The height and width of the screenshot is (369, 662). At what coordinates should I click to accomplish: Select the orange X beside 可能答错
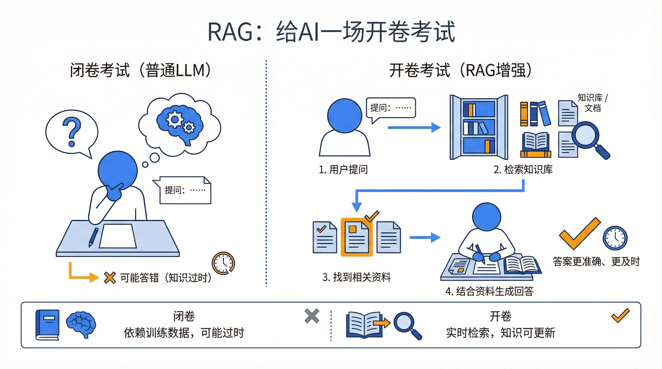point(110,278)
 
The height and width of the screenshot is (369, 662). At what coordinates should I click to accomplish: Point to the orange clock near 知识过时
point(223,263)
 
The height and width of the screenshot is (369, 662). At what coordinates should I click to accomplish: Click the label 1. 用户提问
point(343,170)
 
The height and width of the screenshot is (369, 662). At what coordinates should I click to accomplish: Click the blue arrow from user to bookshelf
point(414,127)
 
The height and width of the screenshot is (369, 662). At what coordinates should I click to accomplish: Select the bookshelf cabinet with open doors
point(479,127)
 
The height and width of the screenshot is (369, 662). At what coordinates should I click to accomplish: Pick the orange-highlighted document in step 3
point(356,237)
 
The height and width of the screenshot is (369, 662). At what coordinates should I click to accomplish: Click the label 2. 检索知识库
point(523,170)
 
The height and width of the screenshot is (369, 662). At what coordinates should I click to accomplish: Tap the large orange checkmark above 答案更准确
point(580,234)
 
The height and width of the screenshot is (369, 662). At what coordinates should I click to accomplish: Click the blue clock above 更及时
point(615,238)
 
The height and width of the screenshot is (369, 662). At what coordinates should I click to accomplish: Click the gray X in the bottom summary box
point(312,316)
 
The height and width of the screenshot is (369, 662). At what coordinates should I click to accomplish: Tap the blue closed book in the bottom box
point(48,325)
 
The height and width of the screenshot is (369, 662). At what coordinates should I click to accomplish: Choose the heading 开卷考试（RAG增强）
point(460,70)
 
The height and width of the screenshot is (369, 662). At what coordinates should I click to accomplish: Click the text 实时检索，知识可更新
point(500,333)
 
